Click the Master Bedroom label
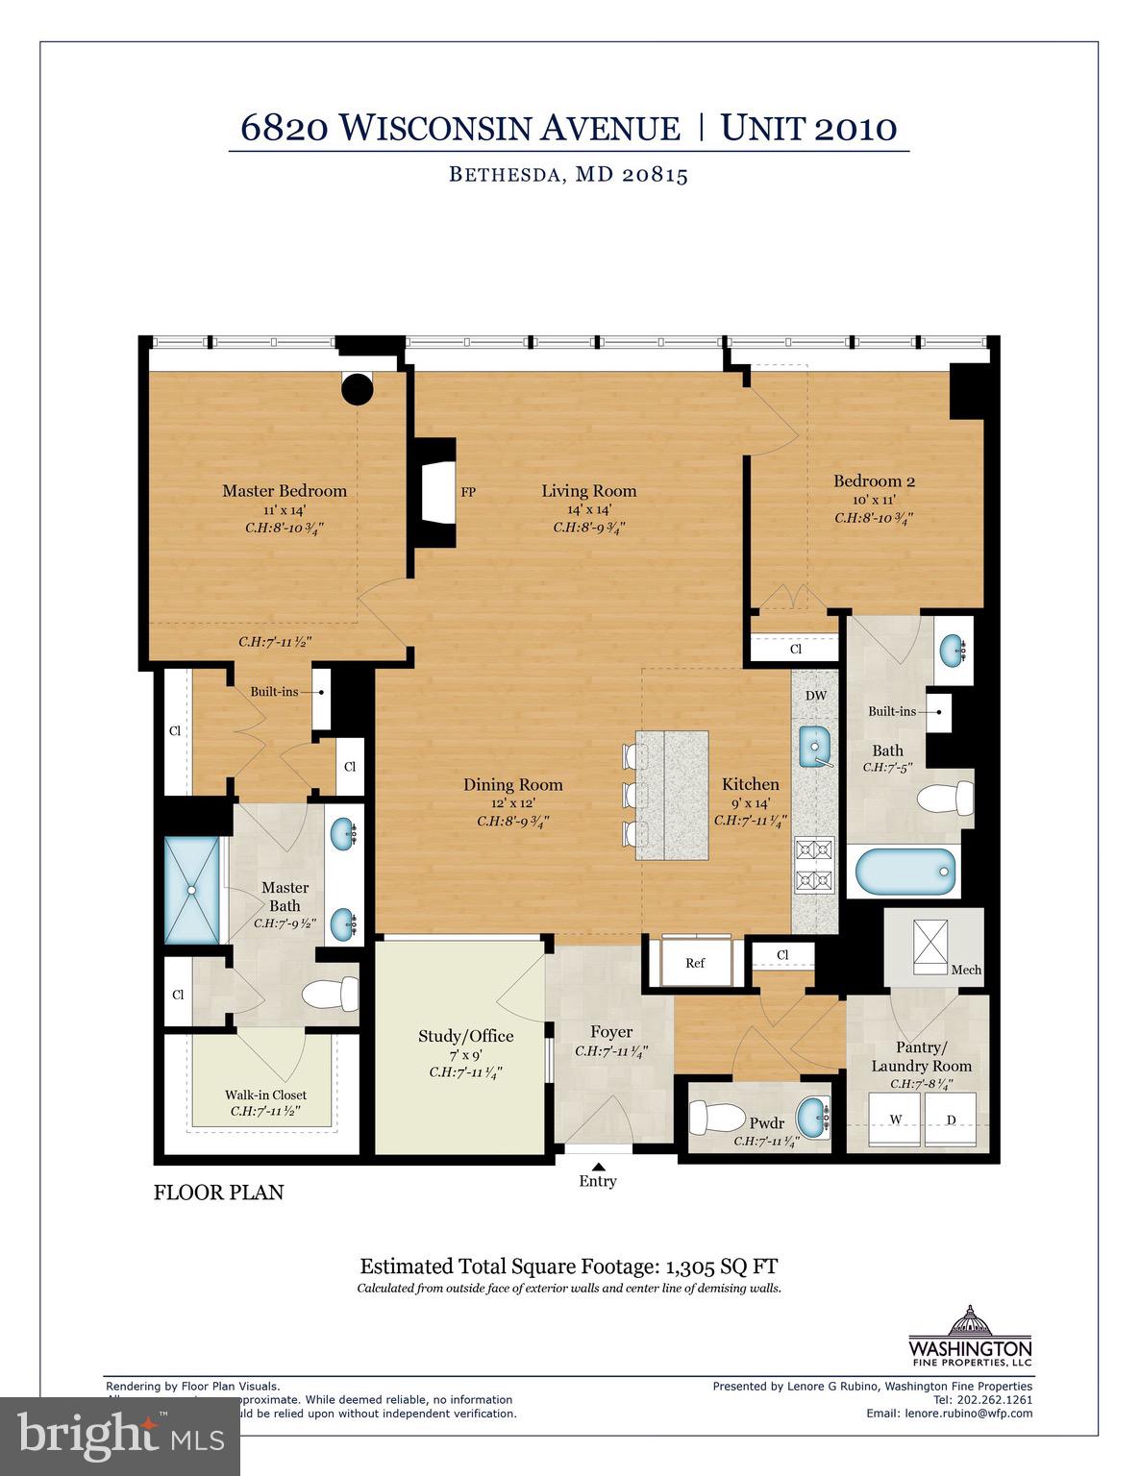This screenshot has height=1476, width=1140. (285, 491)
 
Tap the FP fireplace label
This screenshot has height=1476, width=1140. (468, 492)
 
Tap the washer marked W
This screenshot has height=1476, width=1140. (895, 1119)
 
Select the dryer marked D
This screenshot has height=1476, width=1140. (951, 1119)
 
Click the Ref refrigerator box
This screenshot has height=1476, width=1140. (695, 963)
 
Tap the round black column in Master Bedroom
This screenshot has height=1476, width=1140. (358, 388)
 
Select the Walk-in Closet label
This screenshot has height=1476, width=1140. (265, 1095)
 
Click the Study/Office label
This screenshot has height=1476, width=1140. (465, 1036)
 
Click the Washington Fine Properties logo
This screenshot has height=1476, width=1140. (970, 1336)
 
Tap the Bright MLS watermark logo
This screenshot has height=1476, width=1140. (120, 1437)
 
